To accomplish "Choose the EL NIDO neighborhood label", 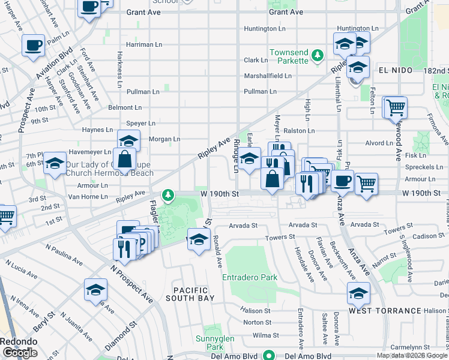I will coord(396,70).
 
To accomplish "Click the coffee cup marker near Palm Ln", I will coord(34,45).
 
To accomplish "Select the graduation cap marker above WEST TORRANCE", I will coord(358,293).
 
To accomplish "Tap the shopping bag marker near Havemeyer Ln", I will coord(124,160).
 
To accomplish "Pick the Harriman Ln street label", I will coord(144,44).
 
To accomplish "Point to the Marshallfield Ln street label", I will coord(267,76).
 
